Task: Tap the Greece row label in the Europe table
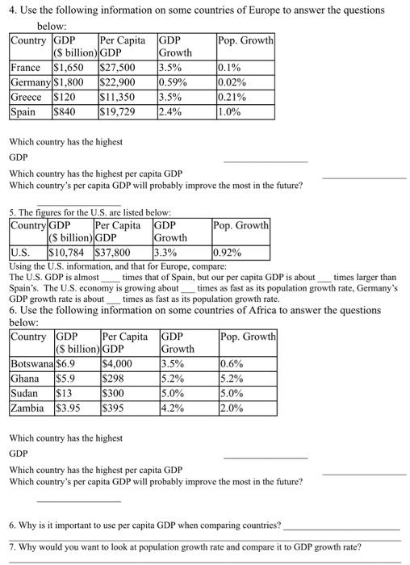tap(26, 97)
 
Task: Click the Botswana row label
tap(32, 364)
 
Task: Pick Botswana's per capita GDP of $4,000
tap(118, 364)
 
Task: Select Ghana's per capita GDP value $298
tap(112, 379)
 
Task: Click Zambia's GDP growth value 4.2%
tap(174, 408)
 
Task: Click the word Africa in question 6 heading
tap(250, 309)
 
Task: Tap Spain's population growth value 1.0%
tap(231, 111)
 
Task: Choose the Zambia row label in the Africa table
tap(28, 408)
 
